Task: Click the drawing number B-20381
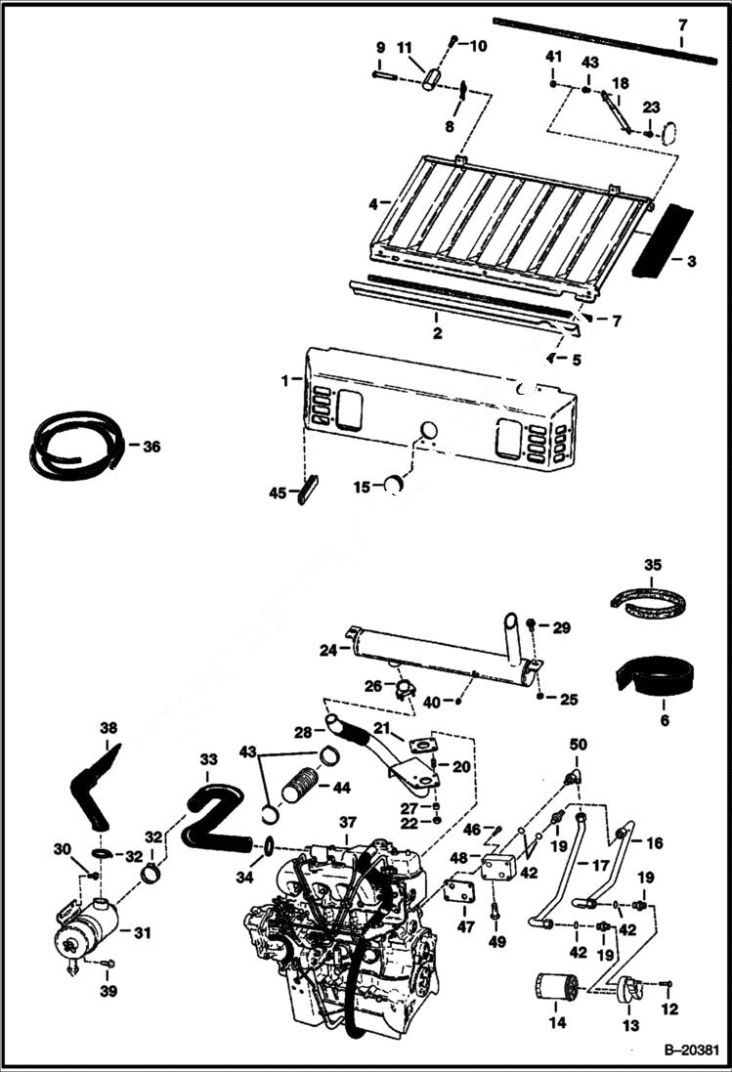(x=691, y=1051)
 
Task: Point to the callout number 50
(x=579, y=746)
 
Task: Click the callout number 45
(x=280, y=493)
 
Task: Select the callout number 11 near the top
(x=404, y=47)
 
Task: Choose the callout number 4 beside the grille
(x=373, y=204)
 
